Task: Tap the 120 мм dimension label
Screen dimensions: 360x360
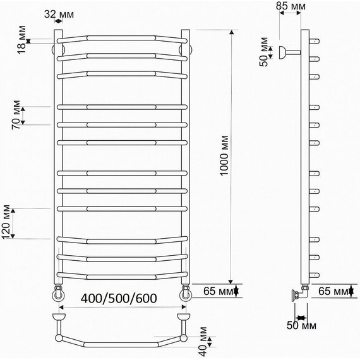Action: pos(8,221)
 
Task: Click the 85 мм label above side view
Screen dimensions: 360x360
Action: pos(291,6)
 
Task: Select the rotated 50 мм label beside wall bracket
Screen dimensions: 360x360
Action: pos(266,54)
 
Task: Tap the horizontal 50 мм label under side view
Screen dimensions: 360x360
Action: pos(302,326)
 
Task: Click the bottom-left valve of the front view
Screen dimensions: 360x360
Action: pos(59,293)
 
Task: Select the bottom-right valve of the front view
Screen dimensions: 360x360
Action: pos(186,293)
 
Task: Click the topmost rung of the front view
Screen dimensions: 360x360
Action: pos(122,40)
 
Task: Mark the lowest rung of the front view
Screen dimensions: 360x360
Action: pos(122,275)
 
